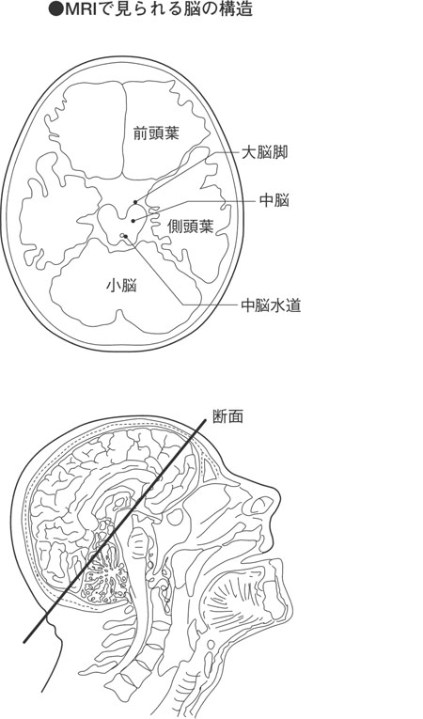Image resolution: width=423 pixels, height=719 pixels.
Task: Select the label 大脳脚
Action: tap(264, 152)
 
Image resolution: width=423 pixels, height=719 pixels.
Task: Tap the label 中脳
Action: tap(274, 200)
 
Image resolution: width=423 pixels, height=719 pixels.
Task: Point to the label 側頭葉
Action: tap(191, 227)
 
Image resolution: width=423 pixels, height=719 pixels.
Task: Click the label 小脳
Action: tap(121, 286)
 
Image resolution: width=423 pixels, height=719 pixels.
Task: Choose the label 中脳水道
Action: tap(271, 305)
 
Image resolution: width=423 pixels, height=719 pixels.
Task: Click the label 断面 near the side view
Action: tap(228, 416)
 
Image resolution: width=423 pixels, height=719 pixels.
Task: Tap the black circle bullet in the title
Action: tap(55, 10)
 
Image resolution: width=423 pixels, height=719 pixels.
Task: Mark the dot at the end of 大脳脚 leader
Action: tap(134, 201)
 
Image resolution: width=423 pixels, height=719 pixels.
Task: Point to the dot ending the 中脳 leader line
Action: tap(133, 221)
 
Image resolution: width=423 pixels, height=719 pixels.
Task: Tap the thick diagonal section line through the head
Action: tap(115, 530)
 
